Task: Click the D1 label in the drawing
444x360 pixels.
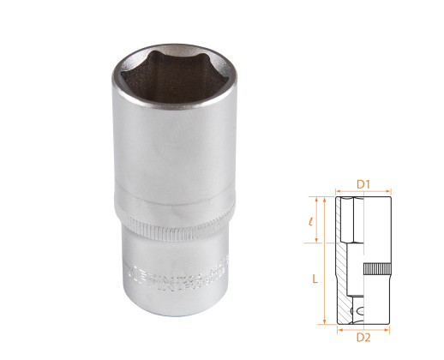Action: click(363, 183)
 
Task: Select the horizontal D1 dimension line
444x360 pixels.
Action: click(363, 191)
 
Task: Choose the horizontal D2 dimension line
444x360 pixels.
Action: click(363, 325)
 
